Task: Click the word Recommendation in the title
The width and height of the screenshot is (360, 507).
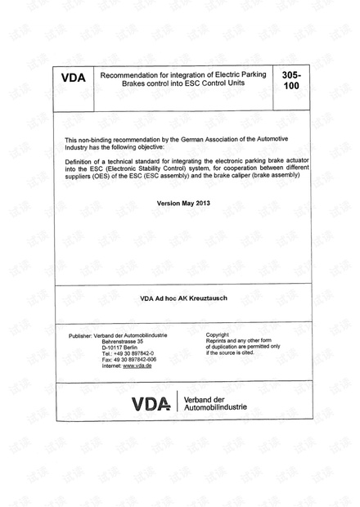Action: [x=128, y=74]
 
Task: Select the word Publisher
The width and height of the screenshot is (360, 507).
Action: [x=83, y=335]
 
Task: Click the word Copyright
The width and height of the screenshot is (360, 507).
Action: [x=218, y=335]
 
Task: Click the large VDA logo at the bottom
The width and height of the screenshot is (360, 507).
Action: [x=152, y=403]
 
